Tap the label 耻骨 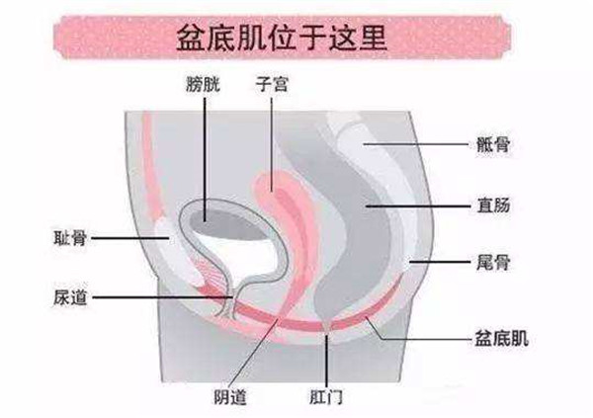click(74, 237)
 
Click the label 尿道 click(74, 294)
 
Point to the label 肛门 click(325, 398)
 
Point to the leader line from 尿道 click(158, 294)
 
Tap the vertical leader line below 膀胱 click(206, 148)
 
